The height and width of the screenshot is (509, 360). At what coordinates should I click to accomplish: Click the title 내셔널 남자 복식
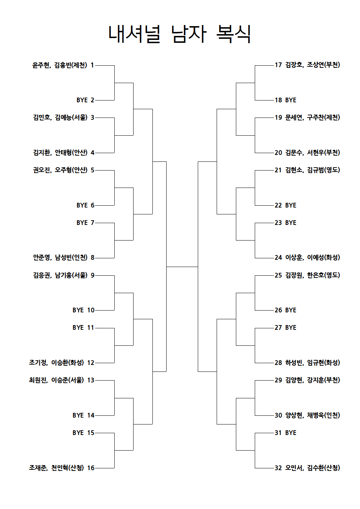coord(180,34)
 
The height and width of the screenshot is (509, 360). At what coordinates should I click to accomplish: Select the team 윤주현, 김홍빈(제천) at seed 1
coord(60,65)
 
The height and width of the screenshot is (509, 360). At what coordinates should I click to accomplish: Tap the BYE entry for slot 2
coord(82,100)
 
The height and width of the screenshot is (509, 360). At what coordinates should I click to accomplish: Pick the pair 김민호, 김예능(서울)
coord(60,118)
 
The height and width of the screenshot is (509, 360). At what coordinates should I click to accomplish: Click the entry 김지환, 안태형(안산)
coord(60,153)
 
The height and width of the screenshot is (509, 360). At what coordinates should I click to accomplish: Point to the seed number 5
coord(93,170)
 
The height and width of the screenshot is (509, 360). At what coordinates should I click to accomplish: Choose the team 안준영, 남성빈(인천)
coord(60,258)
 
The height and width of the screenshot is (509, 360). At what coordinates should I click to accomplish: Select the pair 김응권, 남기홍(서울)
coord(60,275)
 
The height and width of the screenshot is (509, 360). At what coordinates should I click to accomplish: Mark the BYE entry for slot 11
coord(78,328)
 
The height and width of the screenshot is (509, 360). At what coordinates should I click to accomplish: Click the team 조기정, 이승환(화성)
coord(56,363)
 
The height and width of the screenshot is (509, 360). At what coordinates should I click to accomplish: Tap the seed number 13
coord(91,380)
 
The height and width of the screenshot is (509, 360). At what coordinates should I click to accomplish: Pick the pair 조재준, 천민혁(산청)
coord(56,468)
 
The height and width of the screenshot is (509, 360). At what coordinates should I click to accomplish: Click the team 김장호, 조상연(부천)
coord(313,65)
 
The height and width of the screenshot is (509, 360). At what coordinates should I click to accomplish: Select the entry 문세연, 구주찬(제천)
coord(313,118)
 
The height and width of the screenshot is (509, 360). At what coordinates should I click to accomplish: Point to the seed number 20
coord(278,153)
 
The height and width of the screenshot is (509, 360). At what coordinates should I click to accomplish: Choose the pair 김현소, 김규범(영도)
coord(313,170)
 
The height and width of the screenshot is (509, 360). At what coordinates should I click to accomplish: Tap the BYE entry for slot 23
coord(291,223)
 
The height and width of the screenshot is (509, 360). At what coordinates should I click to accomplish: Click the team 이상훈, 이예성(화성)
coord(313,258)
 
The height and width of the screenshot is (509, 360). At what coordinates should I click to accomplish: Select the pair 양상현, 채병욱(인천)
coord(313,415)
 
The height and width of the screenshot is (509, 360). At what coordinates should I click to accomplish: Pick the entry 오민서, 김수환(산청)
coord(313,468)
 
